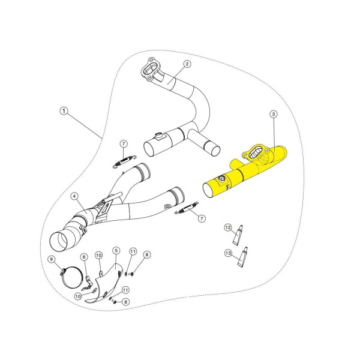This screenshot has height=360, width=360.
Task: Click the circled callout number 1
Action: [x=64, y=111]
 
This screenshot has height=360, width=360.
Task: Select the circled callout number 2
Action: [x=187, y=64]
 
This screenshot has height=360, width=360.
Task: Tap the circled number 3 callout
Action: [x=274, y=114]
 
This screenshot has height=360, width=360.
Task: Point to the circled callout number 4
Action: [x=74, y=196]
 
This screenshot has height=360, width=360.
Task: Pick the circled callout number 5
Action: [x=116, y=250]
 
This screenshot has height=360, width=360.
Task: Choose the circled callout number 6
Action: [x=84, y=257]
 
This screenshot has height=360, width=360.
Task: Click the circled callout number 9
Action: [x=52, y=259]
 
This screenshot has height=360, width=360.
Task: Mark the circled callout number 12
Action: [x=228, y=227]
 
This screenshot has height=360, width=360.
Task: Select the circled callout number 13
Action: [x=228, y=253]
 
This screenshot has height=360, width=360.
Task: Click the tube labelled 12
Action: [x=238, y=235]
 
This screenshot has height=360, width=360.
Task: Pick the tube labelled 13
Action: [x=242, y=257]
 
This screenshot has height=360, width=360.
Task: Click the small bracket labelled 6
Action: [x=88, y=283]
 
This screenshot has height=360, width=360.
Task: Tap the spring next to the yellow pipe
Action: [x=187, y=208]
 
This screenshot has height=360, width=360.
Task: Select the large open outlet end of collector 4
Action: [x=59, y=242]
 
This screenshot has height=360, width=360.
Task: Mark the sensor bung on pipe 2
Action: [x=158, y=136]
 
